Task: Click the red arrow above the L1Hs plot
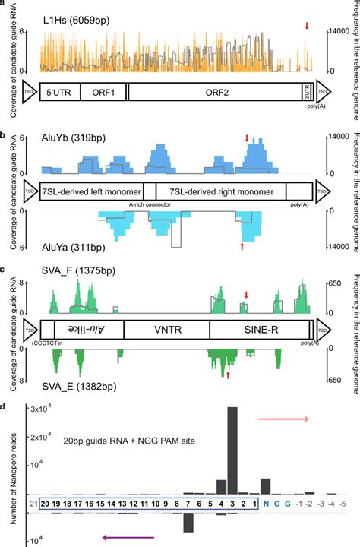tap(307, 27)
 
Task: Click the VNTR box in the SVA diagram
tap(166, 328)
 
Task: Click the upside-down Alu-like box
tap(85, 328)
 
